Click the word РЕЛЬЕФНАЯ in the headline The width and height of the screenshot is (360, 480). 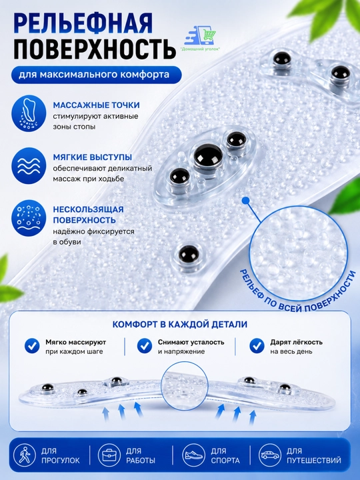click(x=83, y=23)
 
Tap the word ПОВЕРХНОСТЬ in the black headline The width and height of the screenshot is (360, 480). click(x=95, y=49)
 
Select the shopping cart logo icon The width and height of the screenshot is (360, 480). click(x=201, y=36)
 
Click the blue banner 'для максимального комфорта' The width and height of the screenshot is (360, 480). click(x=97, y=75)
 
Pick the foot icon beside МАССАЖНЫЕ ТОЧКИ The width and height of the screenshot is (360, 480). click(x=29, y=113)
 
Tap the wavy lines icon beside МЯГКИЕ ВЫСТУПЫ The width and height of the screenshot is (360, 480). click(x=29, y=165)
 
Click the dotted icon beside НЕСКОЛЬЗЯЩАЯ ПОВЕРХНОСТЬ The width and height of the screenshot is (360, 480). click(x=29, y=218)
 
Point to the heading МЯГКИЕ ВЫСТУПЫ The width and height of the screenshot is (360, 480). click(x=93, y=157)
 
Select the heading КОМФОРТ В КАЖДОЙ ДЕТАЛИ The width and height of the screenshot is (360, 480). click(x=180, y=325)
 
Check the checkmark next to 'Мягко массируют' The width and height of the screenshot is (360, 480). click(x=32, y=346)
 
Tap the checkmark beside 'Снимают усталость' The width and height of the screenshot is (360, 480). click(x=145, y=346)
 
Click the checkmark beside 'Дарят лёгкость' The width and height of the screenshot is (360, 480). click(x=257, y=346)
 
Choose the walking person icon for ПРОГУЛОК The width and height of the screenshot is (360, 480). click(x=24, y=455)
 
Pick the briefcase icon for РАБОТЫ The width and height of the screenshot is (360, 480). click(x=109, y=455)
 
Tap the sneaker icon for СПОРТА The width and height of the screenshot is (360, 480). click(x=193, y=455)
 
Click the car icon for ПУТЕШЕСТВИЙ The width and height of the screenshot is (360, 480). click(x=270, y=455)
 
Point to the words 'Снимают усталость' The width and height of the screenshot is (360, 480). click(x=191, y=342)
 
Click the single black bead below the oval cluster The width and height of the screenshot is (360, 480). click(x=188, y=254)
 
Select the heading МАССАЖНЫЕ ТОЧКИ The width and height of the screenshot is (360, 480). click(x=97, y=105)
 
